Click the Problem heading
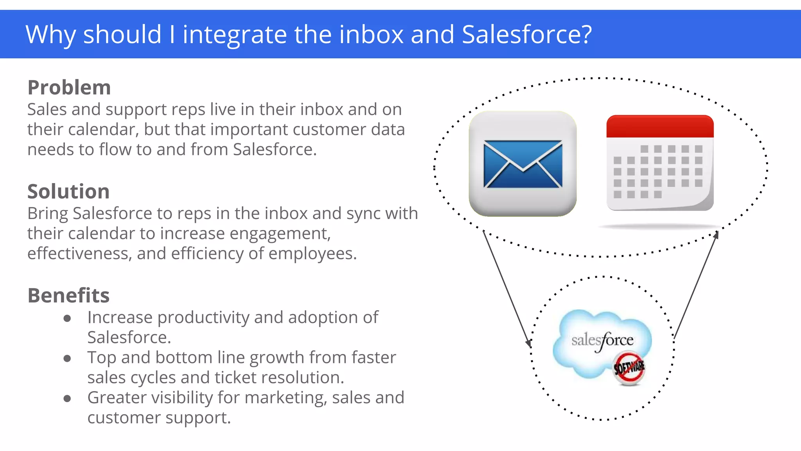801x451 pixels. (69, 88)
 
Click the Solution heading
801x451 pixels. (68, 192)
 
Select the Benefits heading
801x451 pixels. (68, 296)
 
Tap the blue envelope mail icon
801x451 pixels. (523, 164)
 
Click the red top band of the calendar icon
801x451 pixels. (660, 126)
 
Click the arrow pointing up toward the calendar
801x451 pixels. (697, 284)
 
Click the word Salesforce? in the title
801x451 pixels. (527, 34)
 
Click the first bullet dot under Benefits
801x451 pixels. (67, 318)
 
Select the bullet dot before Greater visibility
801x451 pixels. (67, 399)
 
